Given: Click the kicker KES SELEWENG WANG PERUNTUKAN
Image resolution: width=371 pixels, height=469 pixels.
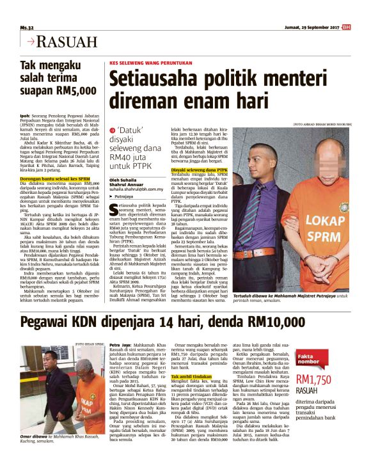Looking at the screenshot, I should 151,64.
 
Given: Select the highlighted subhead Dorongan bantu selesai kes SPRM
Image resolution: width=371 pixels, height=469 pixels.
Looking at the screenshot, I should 55,180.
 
